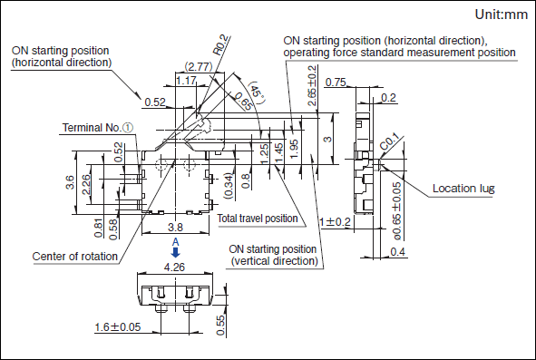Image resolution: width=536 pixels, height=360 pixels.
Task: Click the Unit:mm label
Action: tap(502, 15)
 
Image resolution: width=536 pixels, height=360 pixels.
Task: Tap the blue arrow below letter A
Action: tap(175, 253)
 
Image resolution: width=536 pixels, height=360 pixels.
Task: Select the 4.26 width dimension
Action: tap(174, 267)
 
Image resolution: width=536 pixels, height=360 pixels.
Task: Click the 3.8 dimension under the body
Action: tap(175, 227)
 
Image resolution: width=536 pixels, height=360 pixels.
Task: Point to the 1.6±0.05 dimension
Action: tap(118, 326)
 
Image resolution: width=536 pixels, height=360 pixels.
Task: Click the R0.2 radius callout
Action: tap(220, 44)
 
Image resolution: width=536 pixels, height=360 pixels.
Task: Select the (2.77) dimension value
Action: tap(199, 66)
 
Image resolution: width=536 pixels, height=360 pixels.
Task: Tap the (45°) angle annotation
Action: tap(257, 92)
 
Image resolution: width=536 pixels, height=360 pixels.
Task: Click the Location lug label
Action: tap(463, 189)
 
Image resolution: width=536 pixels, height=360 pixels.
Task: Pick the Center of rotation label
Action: tap(75, 257)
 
